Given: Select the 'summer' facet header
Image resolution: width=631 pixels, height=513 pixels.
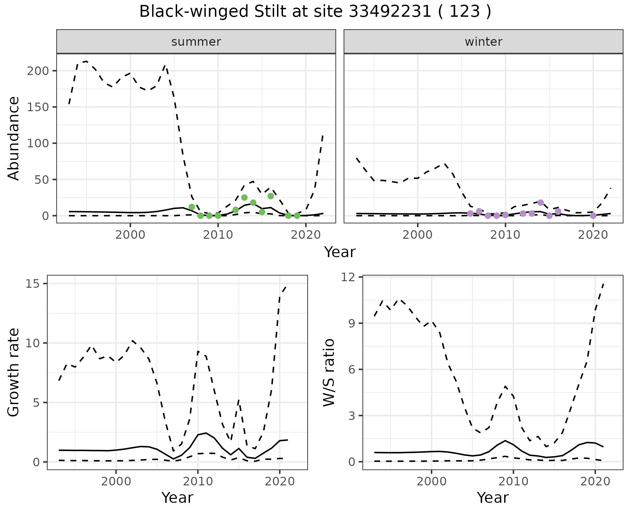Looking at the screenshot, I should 196,42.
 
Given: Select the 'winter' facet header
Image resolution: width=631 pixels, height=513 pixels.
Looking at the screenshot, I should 483,42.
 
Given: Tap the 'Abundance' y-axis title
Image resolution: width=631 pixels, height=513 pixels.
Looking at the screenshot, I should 14,138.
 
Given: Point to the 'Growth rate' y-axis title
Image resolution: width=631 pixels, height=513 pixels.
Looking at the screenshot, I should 14,372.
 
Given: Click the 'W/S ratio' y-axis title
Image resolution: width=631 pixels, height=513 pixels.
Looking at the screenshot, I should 329,372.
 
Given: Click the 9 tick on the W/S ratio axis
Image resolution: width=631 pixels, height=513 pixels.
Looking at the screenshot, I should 354,323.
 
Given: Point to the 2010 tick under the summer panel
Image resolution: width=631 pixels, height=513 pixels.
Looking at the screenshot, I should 218,235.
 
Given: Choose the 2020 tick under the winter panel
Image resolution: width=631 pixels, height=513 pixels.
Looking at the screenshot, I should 593,235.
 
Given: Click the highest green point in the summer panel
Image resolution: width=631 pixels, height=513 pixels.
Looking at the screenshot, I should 271,196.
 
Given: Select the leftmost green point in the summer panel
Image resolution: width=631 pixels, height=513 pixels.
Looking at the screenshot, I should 192,207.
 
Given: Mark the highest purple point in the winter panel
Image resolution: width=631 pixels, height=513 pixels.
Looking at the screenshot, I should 541,203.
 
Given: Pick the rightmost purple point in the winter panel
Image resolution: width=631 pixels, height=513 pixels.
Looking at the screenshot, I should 593,216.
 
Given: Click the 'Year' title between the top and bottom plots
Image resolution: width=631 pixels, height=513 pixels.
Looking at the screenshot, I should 340,252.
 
